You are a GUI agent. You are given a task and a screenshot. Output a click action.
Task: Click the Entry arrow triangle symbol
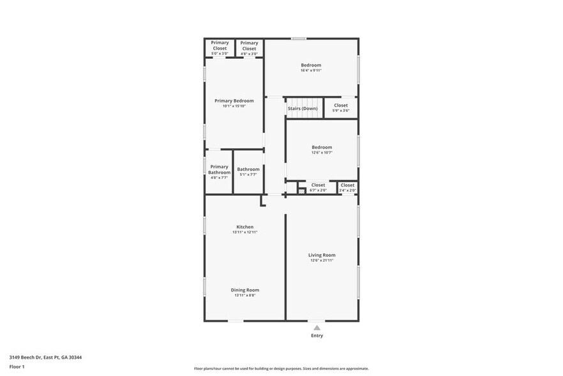point(317,327)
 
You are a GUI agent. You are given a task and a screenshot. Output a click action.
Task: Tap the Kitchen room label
point(245,227)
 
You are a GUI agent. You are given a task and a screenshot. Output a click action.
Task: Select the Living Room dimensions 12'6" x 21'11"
point(322,260)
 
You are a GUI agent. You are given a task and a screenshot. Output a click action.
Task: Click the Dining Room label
point(245,290)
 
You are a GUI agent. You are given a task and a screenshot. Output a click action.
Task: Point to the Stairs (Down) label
point(303,109)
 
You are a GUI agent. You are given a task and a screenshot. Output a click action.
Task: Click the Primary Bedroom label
point(234,100)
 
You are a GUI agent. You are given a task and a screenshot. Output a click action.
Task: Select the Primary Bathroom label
point(219,169)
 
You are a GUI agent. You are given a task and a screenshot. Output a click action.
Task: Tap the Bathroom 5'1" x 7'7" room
point(248,171)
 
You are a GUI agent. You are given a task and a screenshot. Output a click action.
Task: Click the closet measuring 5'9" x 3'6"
point(341,107)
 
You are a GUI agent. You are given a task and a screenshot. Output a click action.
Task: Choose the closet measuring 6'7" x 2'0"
point(318,187)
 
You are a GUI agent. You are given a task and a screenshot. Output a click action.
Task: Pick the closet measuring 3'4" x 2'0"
point(347,187)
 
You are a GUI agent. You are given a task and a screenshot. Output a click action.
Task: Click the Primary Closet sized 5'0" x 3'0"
point(220,48)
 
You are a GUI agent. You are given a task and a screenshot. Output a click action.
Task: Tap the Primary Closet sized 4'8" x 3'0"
point(249,48)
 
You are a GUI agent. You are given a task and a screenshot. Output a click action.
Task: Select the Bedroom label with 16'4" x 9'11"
point(311,65)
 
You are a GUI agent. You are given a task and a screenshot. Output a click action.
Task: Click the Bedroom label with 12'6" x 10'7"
point(322,147)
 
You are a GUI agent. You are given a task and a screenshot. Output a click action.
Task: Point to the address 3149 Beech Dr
point(45,357)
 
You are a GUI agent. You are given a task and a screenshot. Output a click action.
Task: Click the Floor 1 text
point(17,366)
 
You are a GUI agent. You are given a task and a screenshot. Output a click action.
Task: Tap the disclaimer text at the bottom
point(281,369)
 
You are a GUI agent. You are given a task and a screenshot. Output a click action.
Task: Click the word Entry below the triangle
point(317,336)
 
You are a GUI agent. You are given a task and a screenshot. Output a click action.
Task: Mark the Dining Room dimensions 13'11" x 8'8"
point(245,295)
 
